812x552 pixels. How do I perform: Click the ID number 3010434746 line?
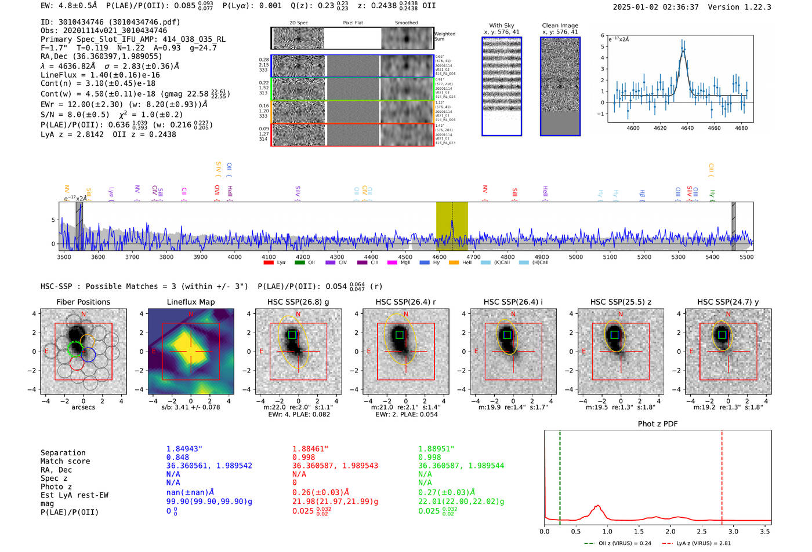110,22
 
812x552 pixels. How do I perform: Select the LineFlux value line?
100,75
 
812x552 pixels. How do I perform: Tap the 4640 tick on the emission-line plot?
687,128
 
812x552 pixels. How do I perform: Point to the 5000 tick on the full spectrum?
575,257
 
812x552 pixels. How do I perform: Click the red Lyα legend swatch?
269,262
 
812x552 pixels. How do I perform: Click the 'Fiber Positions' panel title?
83,302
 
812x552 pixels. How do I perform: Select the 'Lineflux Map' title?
190,302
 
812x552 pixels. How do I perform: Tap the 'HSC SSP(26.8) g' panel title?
298,302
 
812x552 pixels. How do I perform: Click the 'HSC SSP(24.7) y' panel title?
728,302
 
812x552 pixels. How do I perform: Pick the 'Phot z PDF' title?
657,423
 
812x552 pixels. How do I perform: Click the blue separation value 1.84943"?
184,449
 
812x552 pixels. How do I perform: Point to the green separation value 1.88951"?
436,449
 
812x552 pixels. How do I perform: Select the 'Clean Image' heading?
560,25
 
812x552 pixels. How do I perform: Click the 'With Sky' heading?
501,25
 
